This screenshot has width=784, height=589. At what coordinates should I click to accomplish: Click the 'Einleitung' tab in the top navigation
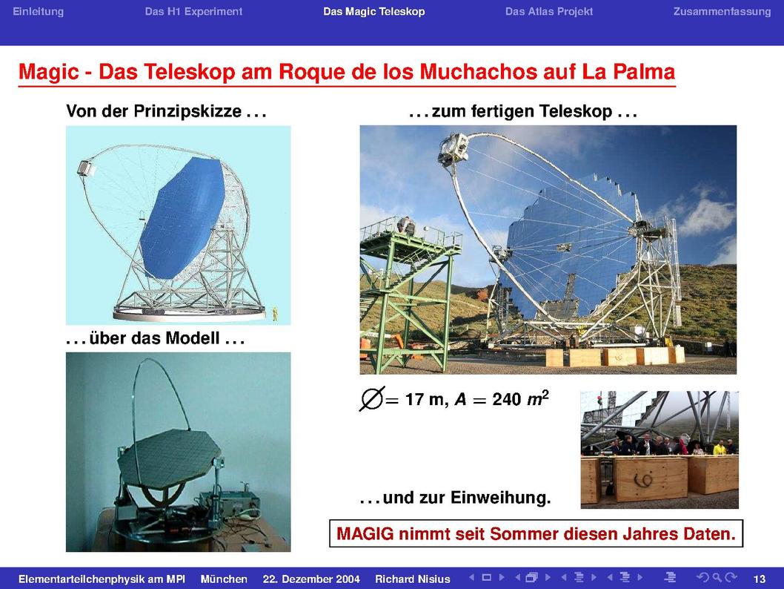[x=38, y=12]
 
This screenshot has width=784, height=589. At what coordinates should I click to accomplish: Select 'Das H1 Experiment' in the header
[x=193, y=12]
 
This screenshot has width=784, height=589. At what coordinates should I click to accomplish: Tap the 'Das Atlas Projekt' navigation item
[x=549, y=12]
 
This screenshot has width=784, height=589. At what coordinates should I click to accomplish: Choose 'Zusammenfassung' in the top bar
[x=722, y=12]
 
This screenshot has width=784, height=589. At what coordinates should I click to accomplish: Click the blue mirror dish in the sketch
[x=183, y=216]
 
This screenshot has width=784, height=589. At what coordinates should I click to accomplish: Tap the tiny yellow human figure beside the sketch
[x=274, y=314]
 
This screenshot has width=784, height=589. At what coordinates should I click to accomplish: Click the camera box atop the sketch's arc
[x=87, y=168]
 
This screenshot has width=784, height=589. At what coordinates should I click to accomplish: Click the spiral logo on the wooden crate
[x=645, y=480]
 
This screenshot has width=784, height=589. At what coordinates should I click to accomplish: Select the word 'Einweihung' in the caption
[x=500, y=498]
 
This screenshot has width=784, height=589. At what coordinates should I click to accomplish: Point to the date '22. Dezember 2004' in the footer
[x=311, y=579]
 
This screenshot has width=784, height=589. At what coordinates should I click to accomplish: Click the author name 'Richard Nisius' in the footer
[x=413, y=579]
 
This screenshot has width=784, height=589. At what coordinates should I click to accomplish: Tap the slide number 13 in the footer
[x=759, y=579]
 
